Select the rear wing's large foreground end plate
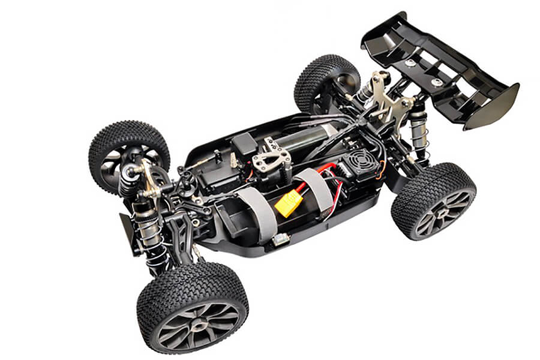491,107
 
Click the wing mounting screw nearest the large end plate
437,82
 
